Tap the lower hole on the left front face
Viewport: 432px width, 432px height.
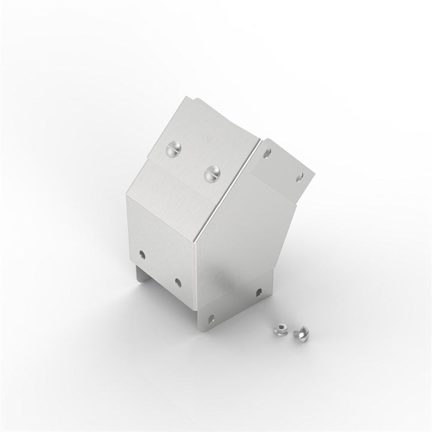point(178,281)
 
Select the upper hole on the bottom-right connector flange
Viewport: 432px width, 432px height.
point(258,293)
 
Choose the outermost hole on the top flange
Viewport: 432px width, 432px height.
point(300,176)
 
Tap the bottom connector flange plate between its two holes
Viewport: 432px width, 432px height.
point(234,306)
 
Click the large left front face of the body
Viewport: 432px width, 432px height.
point(162,234)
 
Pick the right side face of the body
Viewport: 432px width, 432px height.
point(240,252)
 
